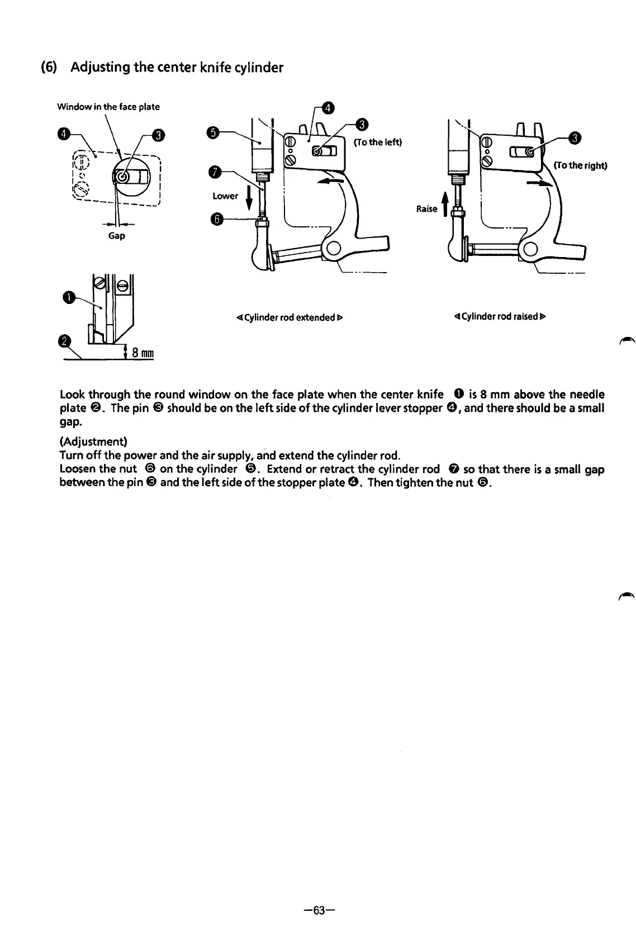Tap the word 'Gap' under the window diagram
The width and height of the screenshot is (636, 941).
click(x=116, y=236)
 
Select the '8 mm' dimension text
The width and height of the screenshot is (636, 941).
click(x=143, y=353)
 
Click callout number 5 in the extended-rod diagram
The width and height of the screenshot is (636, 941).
click(x=212, y=132)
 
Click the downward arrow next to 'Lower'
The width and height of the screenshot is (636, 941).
click(x=248, y=197)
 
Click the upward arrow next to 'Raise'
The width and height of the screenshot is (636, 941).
click(x=445, y=205)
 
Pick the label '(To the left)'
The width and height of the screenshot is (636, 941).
click(x=378, y=141)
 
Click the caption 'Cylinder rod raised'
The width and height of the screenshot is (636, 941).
click(x=500, y=317)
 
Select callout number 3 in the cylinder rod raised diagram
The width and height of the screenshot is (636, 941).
click(x=574, y=139)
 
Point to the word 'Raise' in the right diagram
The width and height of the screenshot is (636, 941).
click(x=426, y=208)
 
